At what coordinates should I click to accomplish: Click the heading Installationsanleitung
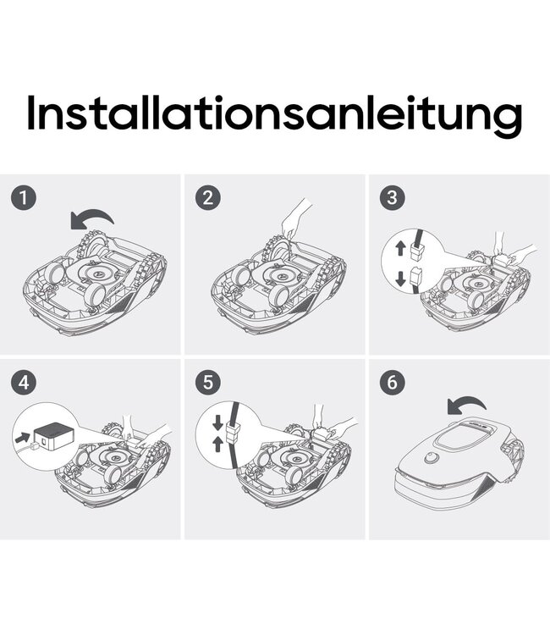click(274, 113)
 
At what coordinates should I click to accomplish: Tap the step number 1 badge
click(24, 197)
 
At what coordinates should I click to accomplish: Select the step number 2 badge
click(208, 197)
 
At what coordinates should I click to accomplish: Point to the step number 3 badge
click(392, 197)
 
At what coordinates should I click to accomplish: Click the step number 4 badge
click(24, 382)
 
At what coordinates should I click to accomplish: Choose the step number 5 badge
click(208, 382)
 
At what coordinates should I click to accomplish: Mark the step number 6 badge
click(392, 382)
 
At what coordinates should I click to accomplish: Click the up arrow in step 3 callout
click(401, 247)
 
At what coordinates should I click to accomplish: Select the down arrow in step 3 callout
click(401, 279)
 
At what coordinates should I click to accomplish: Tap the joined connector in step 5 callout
click(234, 433)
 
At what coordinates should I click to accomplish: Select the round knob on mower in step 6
click(432, 458)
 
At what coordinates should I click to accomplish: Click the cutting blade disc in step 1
click(96, 273)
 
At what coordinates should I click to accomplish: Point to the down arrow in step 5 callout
click(217, 422)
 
